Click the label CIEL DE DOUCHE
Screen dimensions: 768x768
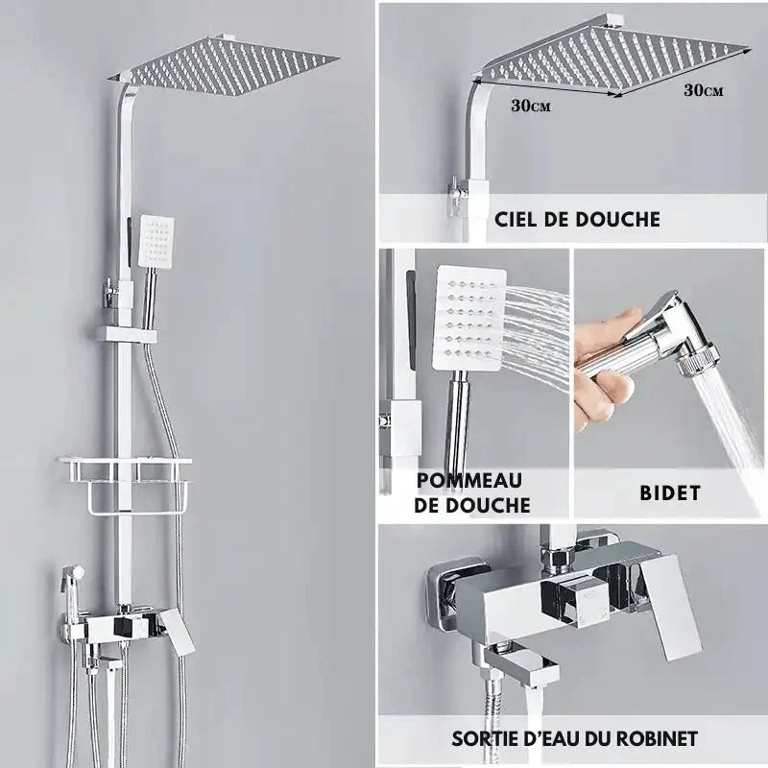(x=577, y=219)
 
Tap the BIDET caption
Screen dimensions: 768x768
(x=670, y=493)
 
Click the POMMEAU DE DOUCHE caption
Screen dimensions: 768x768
(x=472, y=491)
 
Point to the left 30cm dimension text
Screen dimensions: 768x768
(x=530, y=106)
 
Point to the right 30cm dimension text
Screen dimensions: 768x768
(x=703, y=89)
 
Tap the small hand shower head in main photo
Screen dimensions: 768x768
(x=156, y=239)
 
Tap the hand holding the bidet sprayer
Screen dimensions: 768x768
(x=600, y=370)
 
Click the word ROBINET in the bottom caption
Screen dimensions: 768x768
(x=653, y=738)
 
